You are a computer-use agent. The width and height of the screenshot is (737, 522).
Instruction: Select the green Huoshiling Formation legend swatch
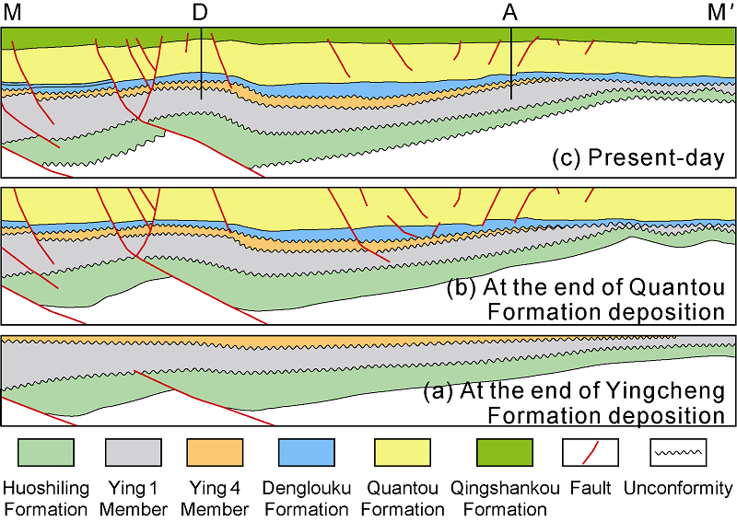(x=46, y=452)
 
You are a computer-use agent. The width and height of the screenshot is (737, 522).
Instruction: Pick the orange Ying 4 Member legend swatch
(x=216, y=452)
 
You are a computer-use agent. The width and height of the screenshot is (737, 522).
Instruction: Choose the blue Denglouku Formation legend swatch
(x=306, y=452)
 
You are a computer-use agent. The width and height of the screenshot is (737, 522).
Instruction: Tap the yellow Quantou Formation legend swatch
(x=402, y=452)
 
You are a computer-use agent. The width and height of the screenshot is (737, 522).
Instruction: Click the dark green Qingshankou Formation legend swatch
(x=505, y=452)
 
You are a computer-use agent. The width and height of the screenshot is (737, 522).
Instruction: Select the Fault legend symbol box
(x=590, y=452)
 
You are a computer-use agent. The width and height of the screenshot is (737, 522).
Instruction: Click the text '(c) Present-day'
(x=638, y=157)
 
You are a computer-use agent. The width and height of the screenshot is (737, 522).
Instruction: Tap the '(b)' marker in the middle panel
(x=461, y=287)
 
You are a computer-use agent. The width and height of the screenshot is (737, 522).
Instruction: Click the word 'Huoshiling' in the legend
(x=46, y=488)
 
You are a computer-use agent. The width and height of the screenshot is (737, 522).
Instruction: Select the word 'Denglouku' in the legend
(x=306, y=488)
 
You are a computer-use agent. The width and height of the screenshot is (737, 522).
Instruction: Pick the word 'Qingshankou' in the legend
(x=505, y=488)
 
